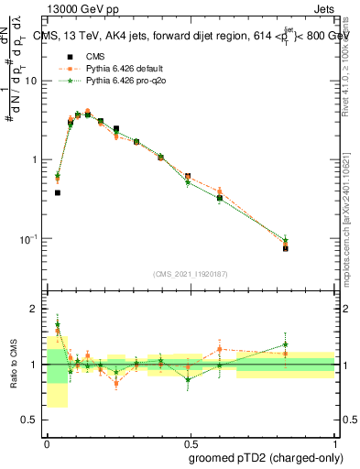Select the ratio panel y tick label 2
[35, 309]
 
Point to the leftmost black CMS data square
[57, 192]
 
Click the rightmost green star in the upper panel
[311, 240]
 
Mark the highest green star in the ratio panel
[57, 323]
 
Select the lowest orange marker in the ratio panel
[116, 383]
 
